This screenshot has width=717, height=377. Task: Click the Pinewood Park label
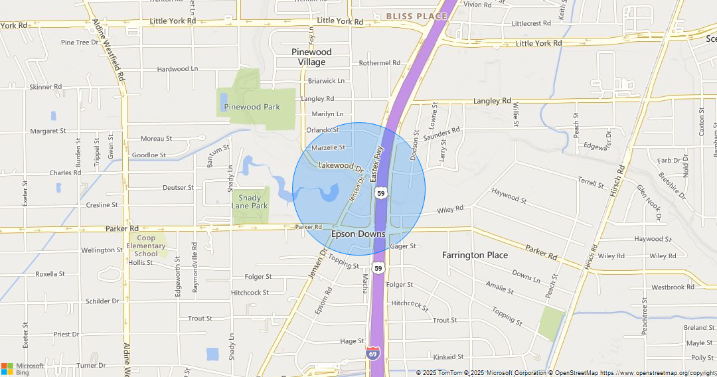pyautogui.click(x=252, y=107)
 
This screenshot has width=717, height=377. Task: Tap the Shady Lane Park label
pyautogui.click(x=250, y=202)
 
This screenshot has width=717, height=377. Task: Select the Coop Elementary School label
pyautogui.click(x=146, y=246)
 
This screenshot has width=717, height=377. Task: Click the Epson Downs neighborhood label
pyautogui.click(x=358, y=234)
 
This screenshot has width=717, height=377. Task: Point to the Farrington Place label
pyautogui.click(x=475, y=255)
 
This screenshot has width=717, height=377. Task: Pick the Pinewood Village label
pyautogui.click(x=311, y=56)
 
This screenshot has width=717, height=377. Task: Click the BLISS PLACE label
pyautogui.click(x=417, y=16)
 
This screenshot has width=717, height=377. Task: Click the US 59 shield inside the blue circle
pyautogui.click(x=380, y=192)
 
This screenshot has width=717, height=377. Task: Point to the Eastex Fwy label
pyautogui.click(x=378, y=166)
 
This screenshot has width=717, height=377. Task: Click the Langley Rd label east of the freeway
pyautogui.click(x=492, y=101)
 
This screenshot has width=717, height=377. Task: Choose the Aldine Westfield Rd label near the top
pyautogui.click(x=109, y=50)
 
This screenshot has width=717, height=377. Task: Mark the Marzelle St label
pyautogui.click(x=328, y=147)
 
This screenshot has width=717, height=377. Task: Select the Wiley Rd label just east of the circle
pyautogui.click(x=450, y=210)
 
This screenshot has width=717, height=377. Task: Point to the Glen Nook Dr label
pyautogui.click(x=649, y=202)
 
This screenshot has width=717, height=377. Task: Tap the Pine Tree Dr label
pyautogui.click(x=79, y=42)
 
